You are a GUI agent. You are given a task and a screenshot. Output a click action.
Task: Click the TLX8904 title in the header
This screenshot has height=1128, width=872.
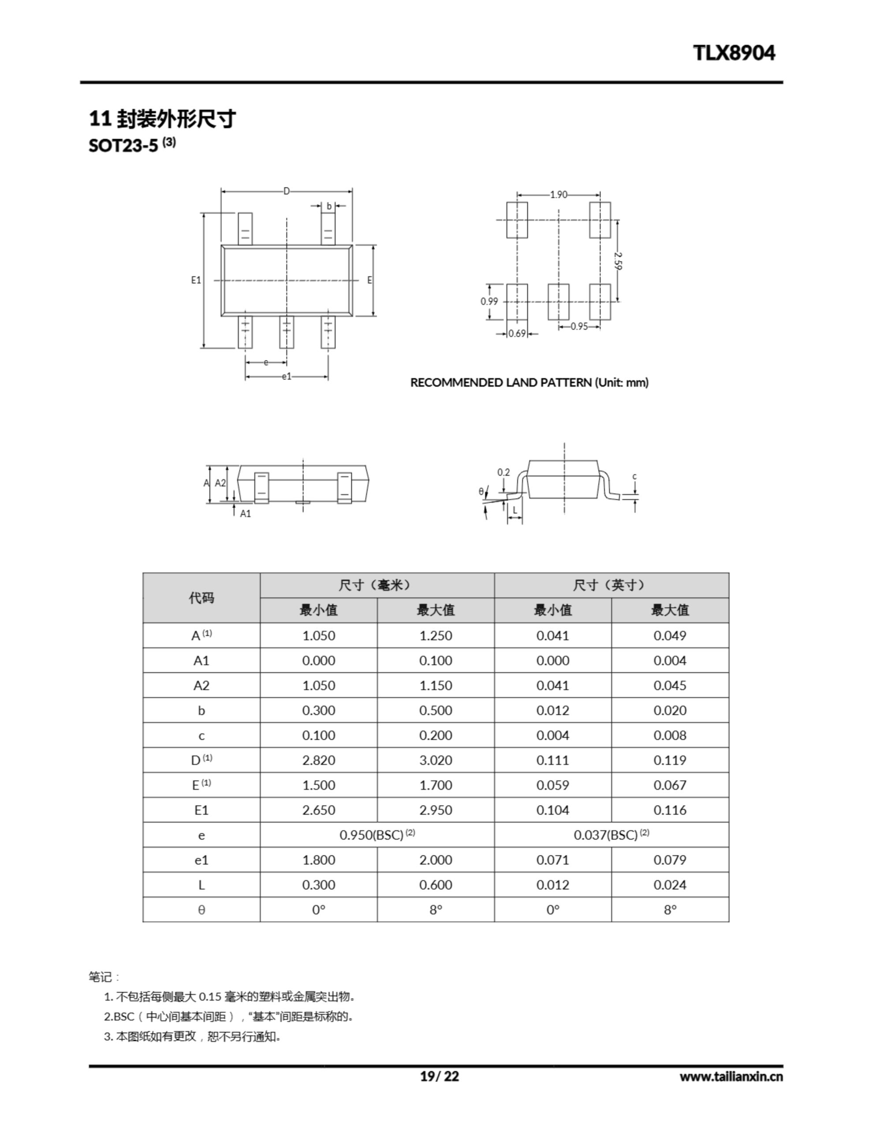tap(734, 53)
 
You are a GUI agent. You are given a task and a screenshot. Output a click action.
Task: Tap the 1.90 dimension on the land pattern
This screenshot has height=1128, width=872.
tap(558, 195)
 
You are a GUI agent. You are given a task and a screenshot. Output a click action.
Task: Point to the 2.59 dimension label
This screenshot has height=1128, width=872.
tap(619, 260)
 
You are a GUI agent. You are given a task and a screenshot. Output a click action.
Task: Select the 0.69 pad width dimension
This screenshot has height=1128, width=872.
tap(517, 334)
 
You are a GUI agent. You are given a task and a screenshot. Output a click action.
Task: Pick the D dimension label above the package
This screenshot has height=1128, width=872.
tap(287, 192)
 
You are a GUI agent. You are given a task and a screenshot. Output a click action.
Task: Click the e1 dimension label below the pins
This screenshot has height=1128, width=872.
tap(287, 377)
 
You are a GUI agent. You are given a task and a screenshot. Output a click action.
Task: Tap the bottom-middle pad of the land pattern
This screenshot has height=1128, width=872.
tap(558, 302)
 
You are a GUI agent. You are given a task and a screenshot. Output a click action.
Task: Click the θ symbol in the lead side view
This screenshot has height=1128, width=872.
tap(481, 492)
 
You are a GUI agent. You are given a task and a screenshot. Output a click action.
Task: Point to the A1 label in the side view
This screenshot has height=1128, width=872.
tap(246, 513)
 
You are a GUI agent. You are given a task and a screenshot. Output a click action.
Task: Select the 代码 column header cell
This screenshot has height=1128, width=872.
tap(201, 597)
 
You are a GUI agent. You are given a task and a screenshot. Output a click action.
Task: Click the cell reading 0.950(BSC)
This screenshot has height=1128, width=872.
tap(377, 835)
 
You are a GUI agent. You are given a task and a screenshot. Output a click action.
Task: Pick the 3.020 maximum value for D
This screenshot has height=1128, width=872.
tap(435, 760)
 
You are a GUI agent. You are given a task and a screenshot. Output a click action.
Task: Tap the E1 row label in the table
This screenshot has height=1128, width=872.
tap(201, 810)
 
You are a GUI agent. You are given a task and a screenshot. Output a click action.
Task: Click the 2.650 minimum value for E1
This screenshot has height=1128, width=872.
tap(318, 810)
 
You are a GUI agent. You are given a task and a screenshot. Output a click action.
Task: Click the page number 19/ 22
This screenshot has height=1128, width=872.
tap(440, 1076)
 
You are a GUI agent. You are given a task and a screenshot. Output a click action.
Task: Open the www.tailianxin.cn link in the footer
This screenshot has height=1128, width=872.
tap(731, 1076)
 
